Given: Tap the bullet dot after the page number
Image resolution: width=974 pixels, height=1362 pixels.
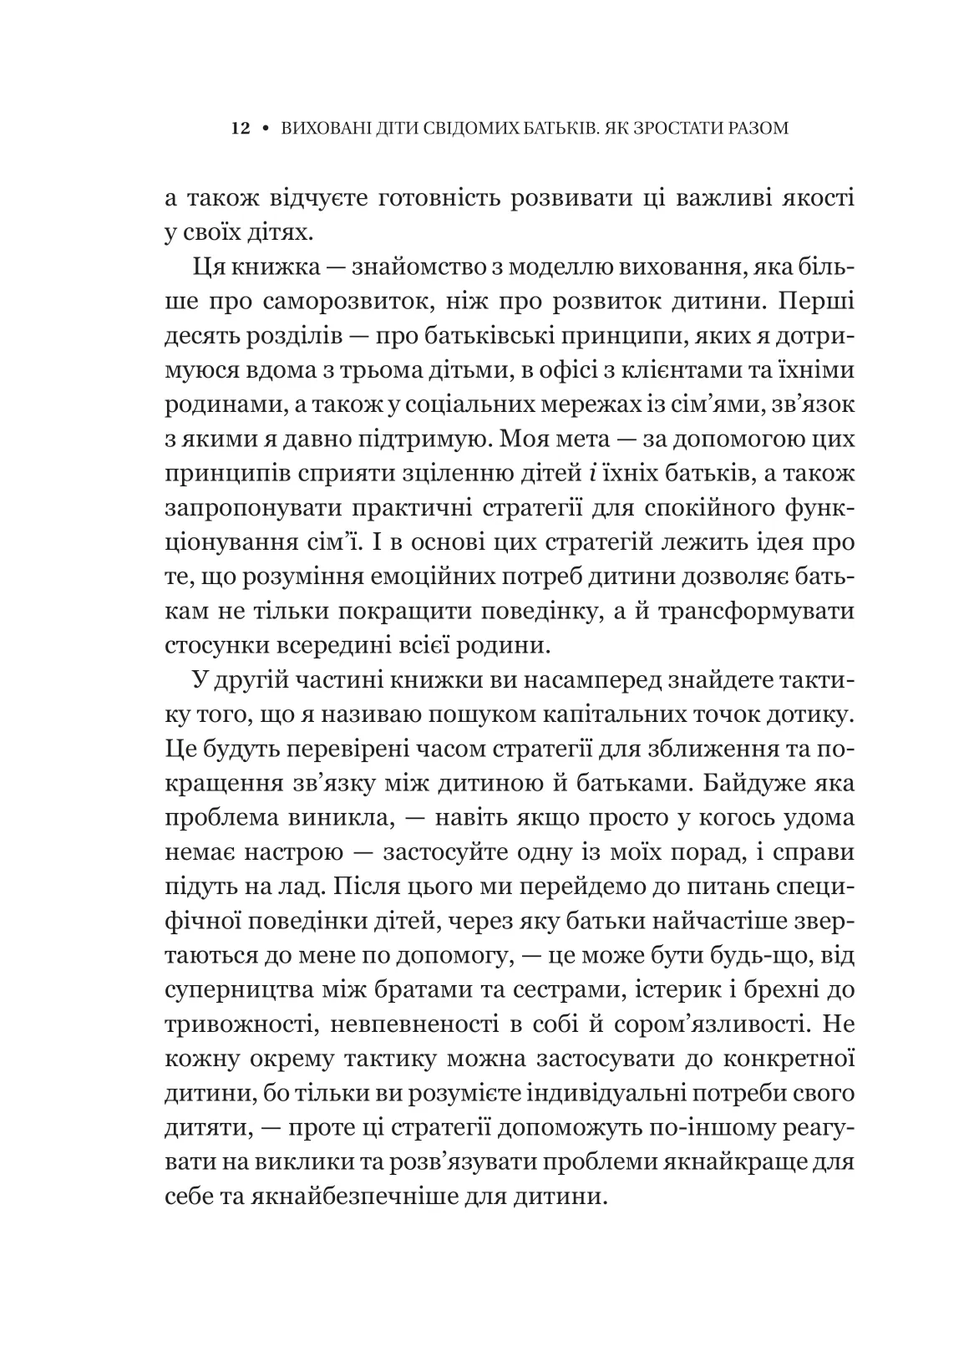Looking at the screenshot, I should [265, 130].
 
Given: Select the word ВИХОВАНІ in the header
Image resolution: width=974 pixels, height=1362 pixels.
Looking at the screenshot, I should [318, 130].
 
